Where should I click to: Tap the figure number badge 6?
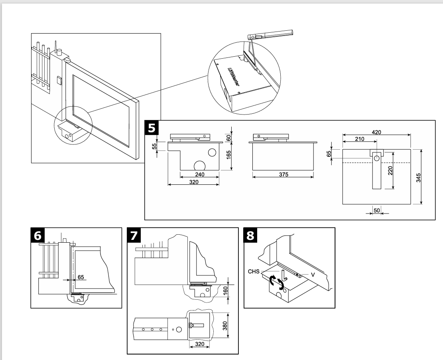38,235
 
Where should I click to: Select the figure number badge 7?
134,235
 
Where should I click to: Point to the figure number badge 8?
250,235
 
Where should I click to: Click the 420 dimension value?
376,132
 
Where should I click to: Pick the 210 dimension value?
359,138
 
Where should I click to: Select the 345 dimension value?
417,177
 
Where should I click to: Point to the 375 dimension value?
283,174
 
